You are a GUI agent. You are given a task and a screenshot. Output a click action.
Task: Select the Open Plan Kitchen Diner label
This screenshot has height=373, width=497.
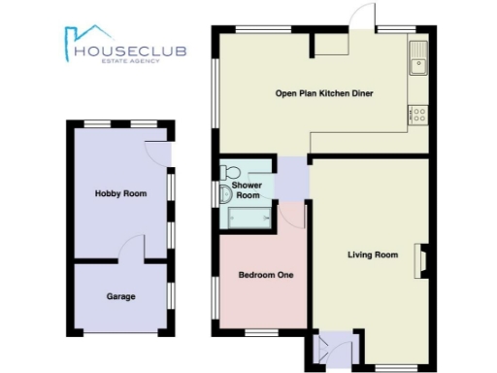point(324,93)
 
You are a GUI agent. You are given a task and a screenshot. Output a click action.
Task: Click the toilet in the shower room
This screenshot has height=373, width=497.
point(225,193)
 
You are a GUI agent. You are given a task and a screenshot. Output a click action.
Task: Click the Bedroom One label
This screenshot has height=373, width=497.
point(259,274)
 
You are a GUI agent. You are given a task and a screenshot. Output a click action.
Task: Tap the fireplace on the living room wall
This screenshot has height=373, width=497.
point(421,259)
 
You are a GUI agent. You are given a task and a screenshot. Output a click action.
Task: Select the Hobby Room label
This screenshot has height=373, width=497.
point(120,193)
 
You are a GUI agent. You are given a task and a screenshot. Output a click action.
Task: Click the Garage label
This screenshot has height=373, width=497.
point(120,296)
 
